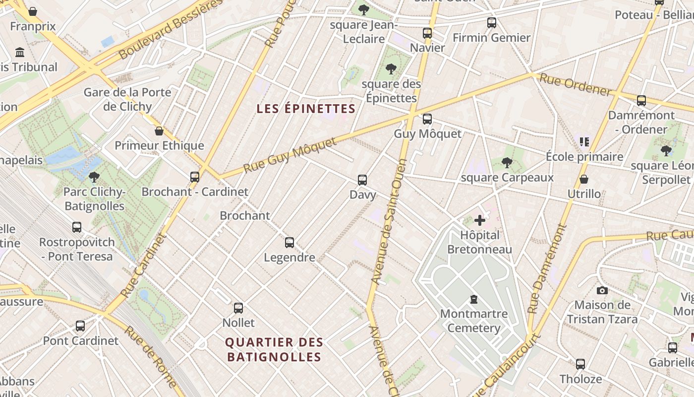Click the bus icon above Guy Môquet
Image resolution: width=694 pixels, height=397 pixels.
pyautogui.click(x=427, y=119)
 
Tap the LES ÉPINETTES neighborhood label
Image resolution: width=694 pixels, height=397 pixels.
pyautogui.click(x=306, y=109)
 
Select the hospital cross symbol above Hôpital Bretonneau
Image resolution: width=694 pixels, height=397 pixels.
pyautogui.click(x=479, y=220)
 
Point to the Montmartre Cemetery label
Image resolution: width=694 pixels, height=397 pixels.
pyautogui.click(x=474, y=321)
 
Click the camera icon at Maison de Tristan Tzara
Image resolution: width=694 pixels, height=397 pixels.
pyautogui.click(x=602, y=290)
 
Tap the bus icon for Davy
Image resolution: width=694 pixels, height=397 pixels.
pyautogui.click(x=362, y=180)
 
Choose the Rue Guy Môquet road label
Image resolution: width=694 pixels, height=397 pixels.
pyautogui.click(x=290, y=156)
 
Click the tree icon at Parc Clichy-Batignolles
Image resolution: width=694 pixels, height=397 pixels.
pyautogui.click(x=94, y=177)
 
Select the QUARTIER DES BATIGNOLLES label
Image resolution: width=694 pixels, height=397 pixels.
pyautogui.click(x=274, y=349)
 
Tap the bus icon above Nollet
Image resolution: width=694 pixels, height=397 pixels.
pyautogui.click(x=238, y=308)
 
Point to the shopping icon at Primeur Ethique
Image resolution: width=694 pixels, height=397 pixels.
pyautogui.click(x=159, y=131)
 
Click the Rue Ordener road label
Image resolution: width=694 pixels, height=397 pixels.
pyautogui.click(x=575, y=84)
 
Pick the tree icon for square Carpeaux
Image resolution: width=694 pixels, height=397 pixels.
pyautogui.click(x=507, y=162)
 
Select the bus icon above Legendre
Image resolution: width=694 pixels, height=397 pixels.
pyautogui.click(x=289, y=243)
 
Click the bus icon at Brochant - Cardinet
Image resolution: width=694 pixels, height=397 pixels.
pyautogui.click(x=195, y=177)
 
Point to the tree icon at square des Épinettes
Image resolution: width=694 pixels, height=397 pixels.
pyautogui.click(x=391, y=68)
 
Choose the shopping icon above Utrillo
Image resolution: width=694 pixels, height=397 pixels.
pyautogui.click(x=584, y=179)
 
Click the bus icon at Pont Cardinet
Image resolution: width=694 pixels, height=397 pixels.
pyautogui.click(x=80, y=326)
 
